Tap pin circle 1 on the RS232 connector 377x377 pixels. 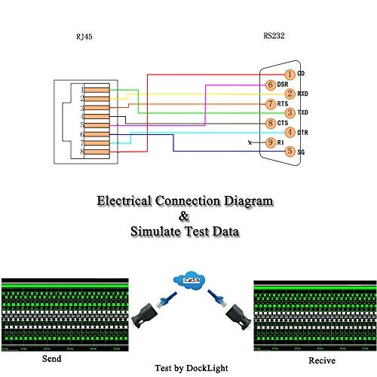(x=290, y=73)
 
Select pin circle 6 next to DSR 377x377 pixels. (x=271, y=84)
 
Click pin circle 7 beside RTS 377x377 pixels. (x=271, y=103)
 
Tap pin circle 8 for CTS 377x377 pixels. (x=271, y=123)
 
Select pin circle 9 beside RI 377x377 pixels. (x=271, y=142)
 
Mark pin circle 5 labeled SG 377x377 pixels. (x=290, y=152)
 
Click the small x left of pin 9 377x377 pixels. (x=250, y=143)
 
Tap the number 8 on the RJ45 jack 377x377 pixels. (x=81, y=152)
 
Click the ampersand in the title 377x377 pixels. (x=185, y=217)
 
